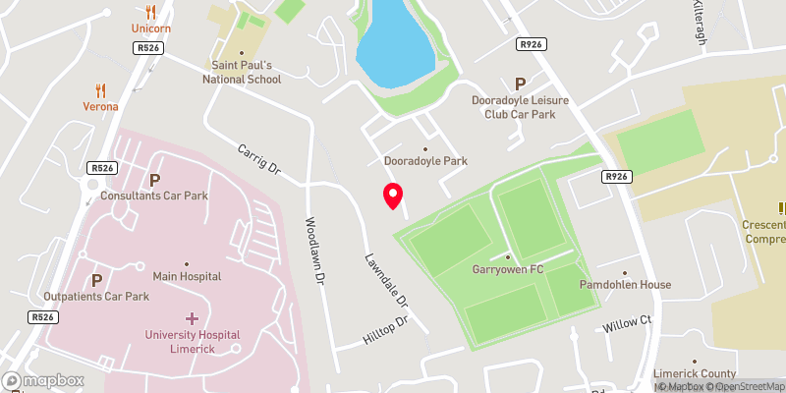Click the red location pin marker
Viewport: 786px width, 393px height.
[393, 196]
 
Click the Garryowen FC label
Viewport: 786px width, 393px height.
[507, 268]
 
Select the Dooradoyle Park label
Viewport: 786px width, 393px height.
[425, 160]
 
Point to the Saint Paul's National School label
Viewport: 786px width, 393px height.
[242, 71]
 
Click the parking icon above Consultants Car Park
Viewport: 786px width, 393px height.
[154, 180]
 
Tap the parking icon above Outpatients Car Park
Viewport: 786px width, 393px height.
[96, 280]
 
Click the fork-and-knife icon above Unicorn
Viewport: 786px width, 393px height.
[150, 13]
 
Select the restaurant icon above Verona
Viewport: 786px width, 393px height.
[100, 89]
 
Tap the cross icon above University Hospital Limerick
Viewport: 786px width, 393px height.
[192, 318]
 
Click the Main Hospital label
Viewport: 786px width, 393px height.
[187, 277]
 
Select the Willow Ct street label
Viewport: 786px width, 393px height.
[628, 321]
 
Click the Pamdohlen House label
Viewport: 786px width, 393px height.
[625, 285]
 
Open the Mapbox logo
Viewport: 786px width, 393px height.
[43, 380]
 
